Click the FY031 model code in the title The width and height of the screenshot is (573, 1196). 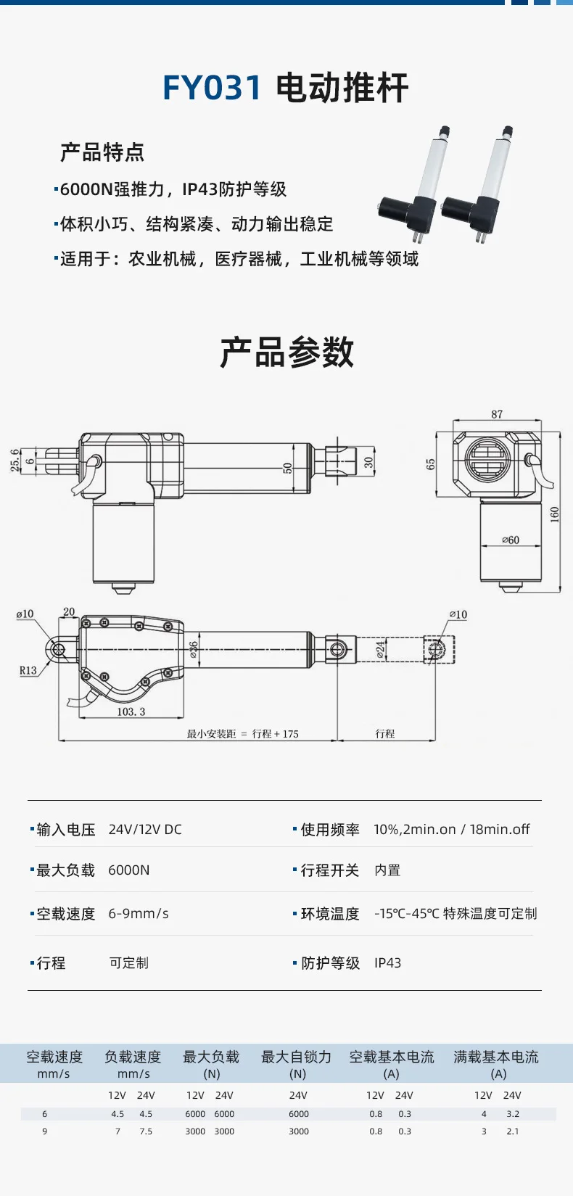212,88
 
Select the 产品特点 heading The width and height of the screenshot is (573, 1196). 102,152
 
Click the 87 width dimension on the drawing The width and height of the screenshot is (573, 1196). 497,414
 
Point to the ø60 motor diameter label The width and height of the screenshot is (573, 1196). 511,540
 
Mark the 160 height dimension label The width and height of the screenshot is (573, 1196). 554,515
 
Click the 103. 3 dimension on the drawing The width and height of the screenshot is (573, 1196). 131,712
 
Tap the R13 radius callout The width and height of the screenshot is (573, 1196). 28,670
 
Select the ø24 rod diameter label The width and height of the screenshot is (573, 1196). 380,649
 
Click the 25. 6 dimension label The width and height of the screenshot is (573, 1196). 15,461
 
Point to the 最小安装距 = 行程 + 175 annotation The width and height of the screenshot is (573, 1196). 242,733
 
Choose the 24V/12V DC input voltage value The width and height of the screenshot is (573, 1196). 145,829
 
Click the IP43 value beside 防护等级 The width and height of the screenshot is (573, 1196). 388,962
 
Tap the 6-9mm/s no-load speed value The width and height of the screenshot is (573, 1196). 139,914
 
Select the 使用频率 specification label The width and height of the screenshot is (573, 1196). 330,829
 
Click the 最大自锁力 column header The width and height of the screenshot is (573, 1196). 297,1057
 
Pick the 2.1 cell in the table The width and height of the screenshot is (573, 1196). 513,1131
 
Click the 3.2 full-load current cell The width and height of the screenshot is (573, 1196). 513,1114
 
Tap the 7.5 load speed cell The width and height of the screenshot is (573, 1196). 146,1131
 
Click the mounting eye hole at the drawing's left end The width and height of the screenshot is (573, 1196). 58,650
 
